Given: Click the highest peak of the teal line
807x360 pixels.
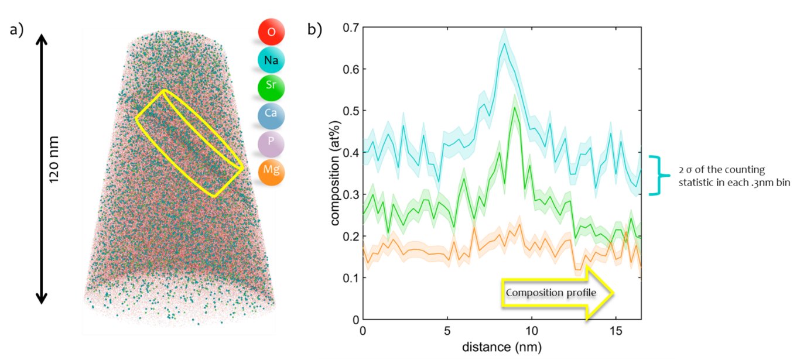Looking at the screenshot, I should click(x=504, y=44).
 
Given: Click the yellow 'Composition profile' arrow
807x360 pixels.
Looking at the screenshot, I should click(x=556, y=293).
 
